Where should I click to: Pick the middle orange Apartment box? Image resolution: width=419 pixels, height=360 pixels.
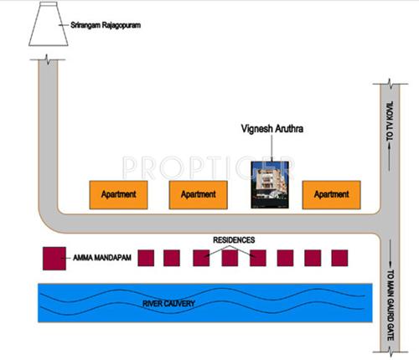pyautogui.click(x=198, y=194)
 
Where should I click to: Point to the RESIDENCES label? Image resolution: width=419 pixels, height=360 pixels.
pyautogui.click(x=232, y=240)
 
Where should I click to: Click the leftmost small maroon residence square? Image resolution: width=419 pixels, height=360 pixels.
pyautogui.click(x=144, y=258)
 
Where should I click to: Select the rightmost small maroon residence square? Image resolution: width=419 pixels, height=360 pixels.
pyautogui.click(x=339, y=258)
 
